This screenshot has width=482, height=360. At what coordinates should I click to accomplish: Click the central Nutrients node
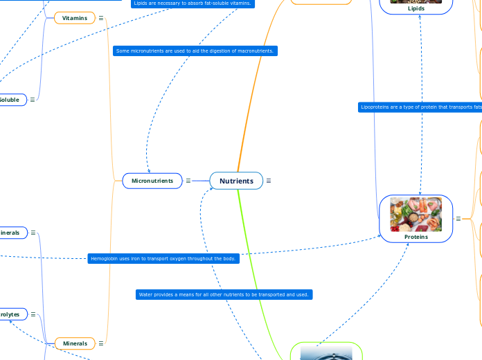coord(236,181)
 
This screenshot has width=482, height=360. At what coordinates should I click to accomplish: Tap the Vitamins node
coord(74,17)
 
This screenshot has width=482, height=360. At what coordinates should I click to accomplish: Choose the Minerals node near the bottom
coord(75,343)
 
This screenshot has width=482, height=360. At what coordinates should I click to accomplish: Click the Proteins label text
coord(416,237)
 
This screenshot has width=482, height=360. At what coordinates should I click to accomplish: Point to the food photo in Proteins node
coord(416,214)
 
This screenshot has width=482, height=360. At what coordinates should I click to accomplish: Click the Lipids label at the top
coord(416,8)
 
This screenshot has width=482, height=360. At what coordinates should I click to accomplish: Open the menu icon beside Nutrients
coord(269,181)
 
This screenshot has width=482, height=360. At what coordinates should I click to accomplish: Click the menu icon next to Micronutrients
coord(188,181)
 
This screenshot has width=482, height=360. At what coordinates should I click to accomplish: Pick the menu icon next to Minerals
coord(101,343)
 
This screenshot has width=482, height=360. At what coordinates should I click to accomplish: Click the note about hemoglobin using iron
coord(164,259)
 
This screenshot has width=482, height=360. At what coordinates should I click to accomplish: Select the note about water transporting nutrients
coord(224,295)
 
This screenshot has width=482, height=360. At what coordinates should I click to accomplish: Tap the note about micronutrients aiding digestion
coord(195,51)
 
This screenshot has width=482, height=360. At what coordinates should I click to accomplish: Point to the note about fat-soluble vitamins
coord(193,3)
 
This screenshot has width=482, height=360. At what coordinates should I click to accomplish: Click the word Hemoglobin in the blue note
coord(105,259)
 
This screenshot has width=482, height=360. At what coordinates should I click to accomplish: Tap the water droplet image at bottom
coord(326,353)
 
